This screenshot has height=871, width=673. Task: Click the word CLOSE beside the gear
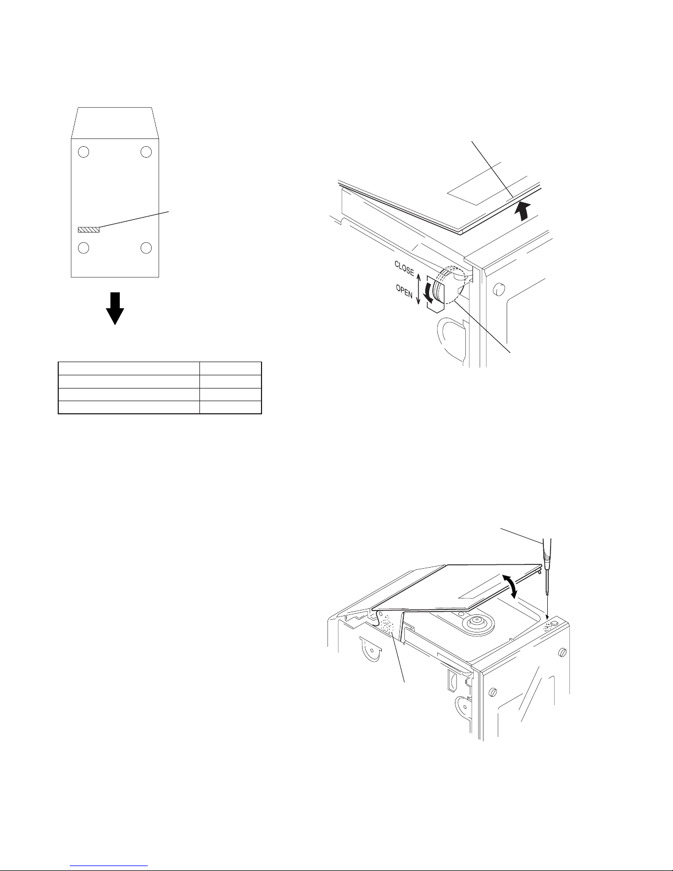tap(404, 268)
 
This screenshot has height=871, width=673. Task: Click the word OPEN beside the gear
tap(404, 291)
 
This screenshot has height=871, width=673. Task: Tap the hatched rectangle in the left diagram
tap(88, 230)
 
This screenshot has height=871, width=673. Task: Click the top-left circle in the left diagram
tap(84, 152)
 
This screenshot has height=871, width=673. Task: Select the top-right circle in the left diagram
tap(146, 152)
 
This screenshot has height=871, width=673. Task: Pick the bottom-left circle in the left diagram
tap(84, 248)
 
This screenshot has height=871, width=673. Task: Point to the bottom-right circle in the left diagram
tap(146, 248)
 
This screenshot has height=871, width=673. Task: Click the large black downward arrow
tap(115, 308)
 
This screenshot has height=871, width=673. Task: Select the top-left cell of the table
tap(129, 368)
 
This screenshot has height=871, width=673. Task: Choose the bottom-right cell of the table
tap(230, 407)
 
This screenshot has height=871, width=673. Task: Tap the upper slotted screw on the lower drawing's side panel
tap(563, 652)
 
